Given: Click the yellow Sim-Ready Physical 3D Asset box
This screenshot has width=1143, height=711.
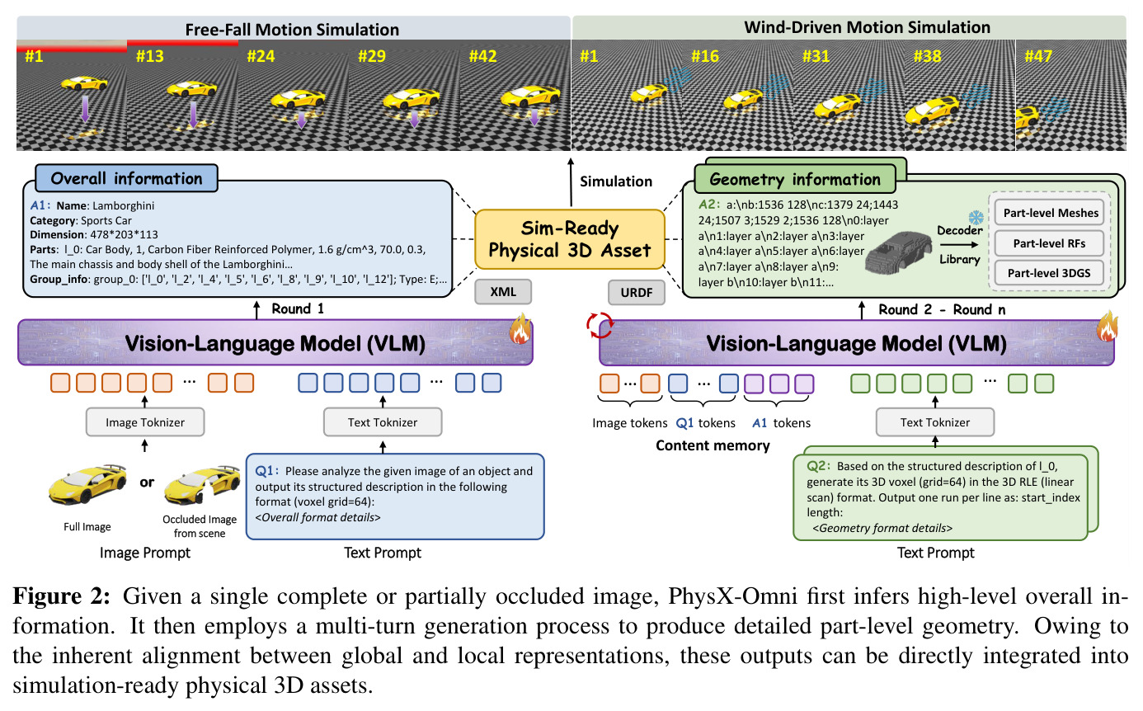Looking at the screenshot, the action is (x=570, y=239).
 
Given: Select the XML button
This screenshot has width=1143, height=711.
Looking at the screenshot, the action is (x=503, y=292).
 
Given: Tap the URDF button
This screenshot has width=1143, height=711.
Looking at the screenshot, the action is (x=637, y=293).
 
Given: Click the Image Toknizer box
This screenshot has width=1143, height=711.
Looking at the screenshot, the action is (x=145, y=422).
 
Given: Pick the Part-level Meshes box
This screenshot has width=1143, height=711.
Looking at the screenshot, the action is (x=1050, y=213).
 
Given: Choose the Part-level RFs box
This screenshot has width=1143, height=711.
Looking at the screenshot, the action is (x=1050, y=243).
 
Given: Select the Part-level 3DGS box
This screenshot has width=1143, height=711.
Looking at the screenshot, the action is (x=1050, y=273).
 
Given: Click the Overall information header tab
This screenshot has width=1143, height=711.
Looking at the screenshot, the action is (x=126, y=178).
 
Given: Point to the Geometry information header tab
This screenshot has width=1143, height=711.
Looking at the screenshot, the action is (x=795, y=179).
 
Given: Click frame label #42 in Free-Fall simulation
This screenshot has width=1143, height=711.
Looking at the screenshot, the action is (x=482, y=55).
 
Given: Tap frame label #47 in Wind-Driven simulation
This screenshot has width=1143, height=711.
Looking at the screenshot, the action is (x=1038, y=55).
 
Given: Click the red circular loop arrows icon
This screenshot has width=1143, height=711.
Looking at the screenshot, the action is (x=600, y=325).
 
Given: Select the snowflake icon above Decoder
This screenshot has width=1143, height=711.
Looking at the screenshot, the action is (x=976, y=218).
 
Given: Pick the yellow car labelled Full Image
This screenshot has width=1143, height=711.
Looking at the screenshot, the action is (x=87, y=484).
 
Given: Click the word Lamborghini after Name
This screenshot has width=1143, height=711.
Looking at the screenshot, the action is (x=123, y=205).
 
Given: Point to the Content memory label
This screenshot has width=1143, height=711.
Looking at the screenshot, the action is (x=713, y=445).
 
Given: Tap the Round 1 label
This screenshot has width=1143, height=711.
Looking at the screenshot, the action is (x=298, y=308).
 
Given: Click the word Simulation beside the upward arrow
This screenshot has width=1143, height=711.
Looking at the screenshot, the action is (x=616, y=181).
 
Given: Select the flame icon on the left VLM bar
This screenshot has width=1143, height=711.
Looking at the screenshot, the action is (x=520, y=329).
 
